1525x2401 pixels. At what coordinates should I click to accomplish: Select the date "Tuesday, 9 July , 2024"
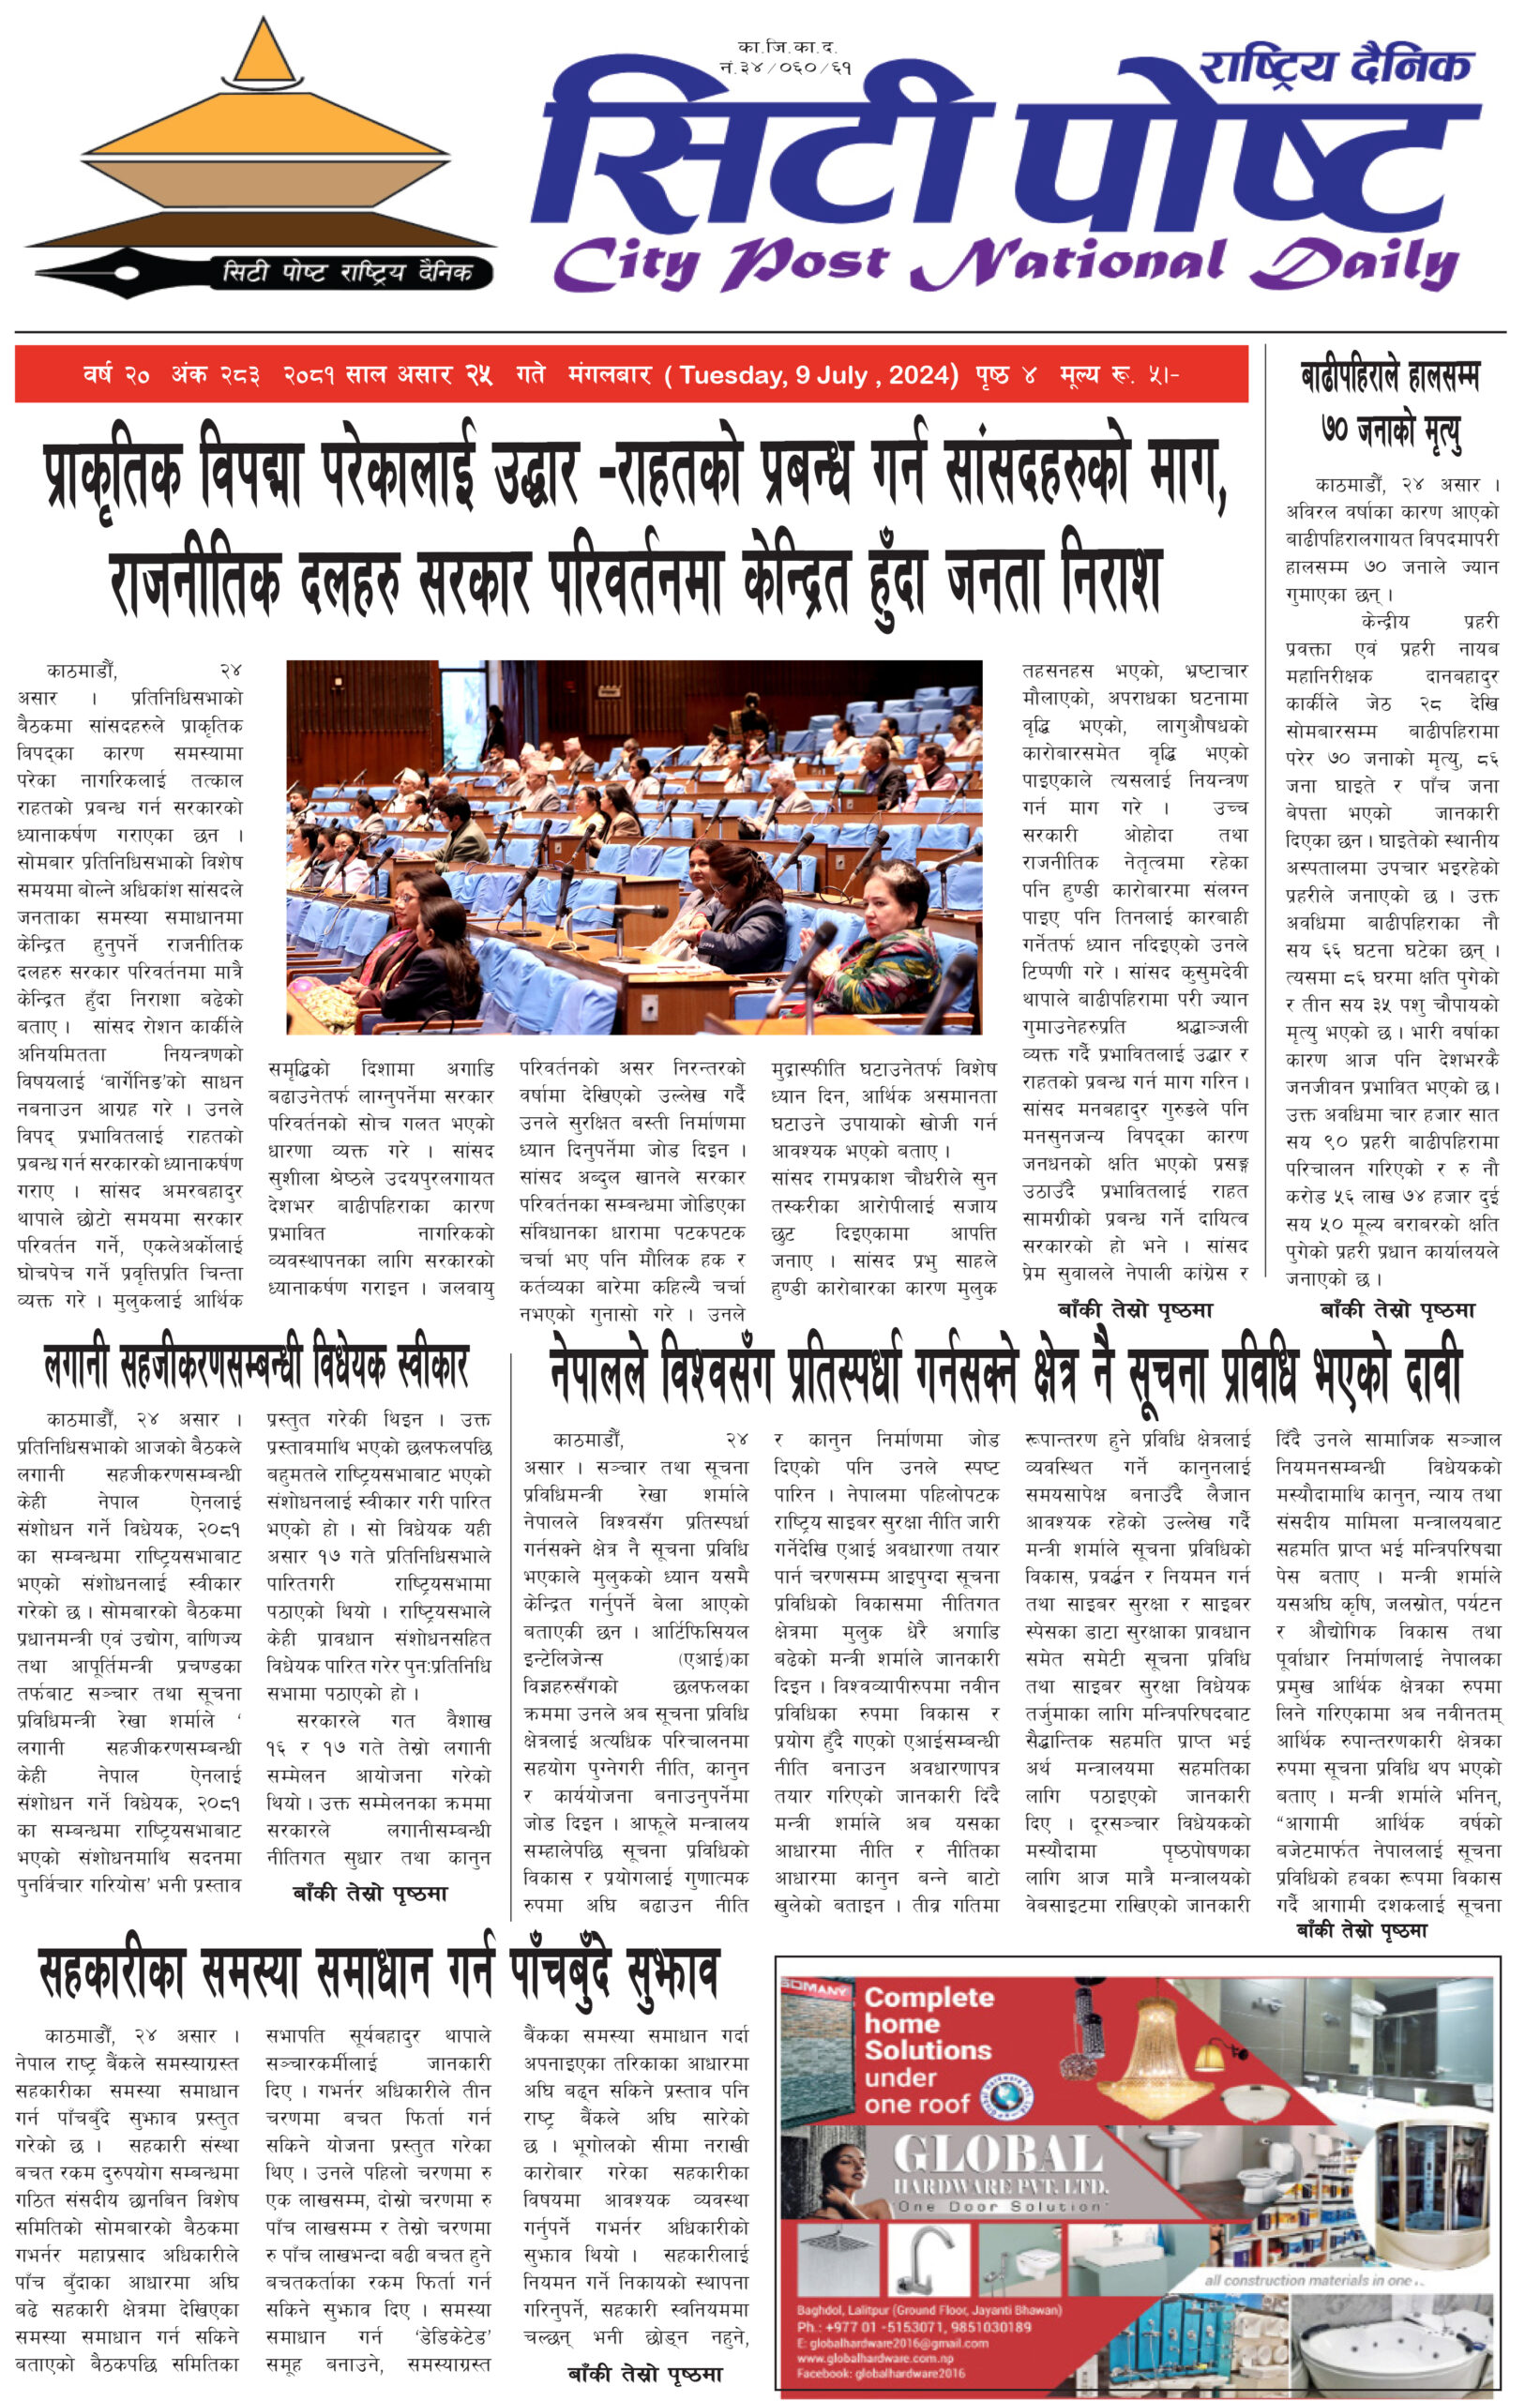point(818,376)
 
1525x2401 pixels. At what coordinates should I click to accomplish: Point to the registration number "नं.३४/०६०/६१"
point(786,67)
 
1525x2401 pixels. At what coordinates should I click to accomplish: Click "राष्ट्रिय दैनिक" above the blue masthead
point(1336,67)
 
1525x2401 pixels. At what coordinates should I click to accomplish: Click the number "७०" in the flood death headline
point(1336,430)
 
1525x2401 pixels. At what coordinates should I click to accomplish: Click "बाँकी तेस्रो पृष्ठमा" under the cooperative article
point(644,2373)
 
